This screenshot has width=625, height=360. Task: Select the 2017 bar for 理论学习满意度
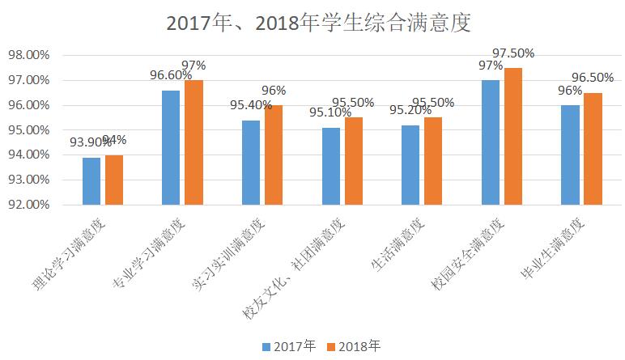pyautogui.click(x=91, y=181)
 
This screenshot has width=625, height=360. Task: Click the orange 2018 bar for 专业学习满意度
pyautogui.click(x=193, y=142)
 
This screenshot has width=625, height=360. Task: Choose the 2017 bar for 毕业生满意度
pyautogui.click(x=572, y=155)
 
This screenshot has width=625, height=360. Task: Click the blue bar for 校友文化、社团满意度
pyautogui.click(x=330, y=166)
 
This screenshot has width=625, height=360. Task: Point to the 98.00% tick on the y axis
pyautogui.click(x=30, y=56)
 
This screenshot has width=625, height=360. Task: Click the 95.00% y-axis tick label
pyautogui.click(x=30, y=130)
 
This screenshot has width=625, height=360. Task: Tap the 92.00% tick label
pyautogui.click(x=30, y=205)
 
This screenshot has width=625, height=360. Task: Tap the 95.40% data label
pyautogui.click(x=250, y=105)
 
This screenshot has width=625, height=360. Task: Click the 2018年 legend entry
pyautogui.click(x=353, y=346)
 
